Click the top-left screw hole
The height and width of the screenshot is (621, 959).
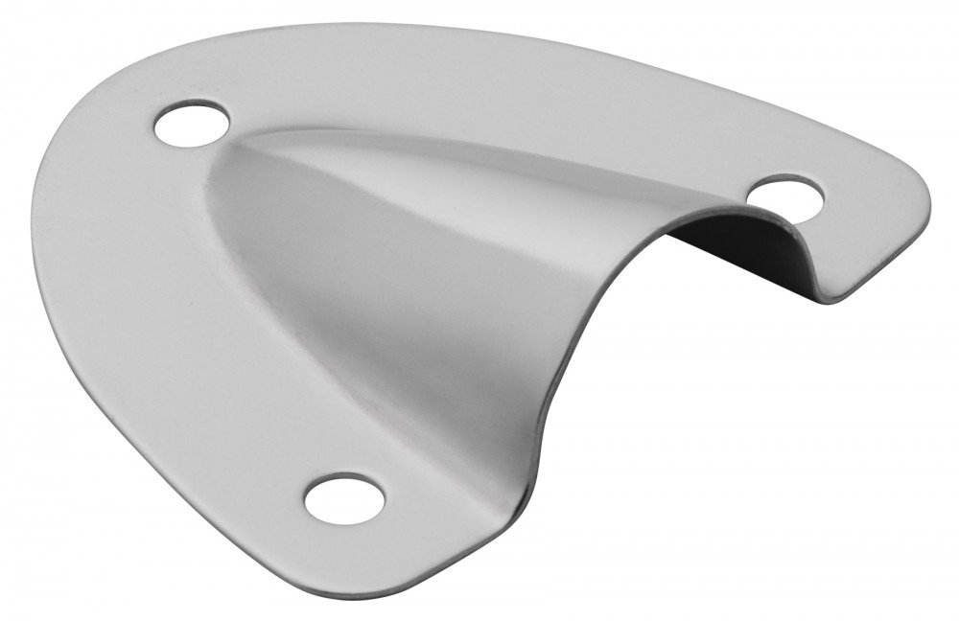[x=192, y=126]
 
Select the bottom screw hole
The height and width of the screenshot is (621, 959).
[x=344, y=497]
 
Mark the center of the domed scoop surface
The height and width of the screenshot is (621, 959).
[x=403, y=287]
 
